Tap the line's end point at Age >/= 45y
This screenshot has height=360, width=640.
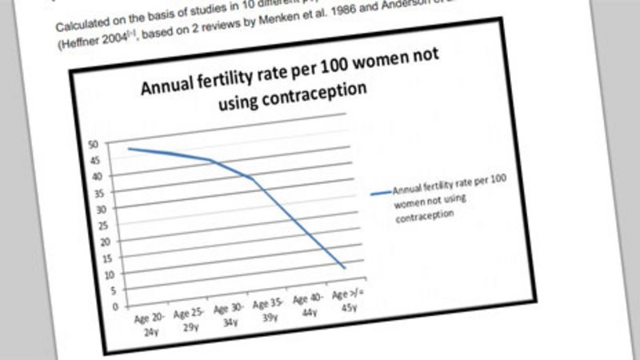[344, 266]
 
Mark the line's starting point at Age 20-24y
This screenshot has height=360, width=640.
[129, 148]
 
